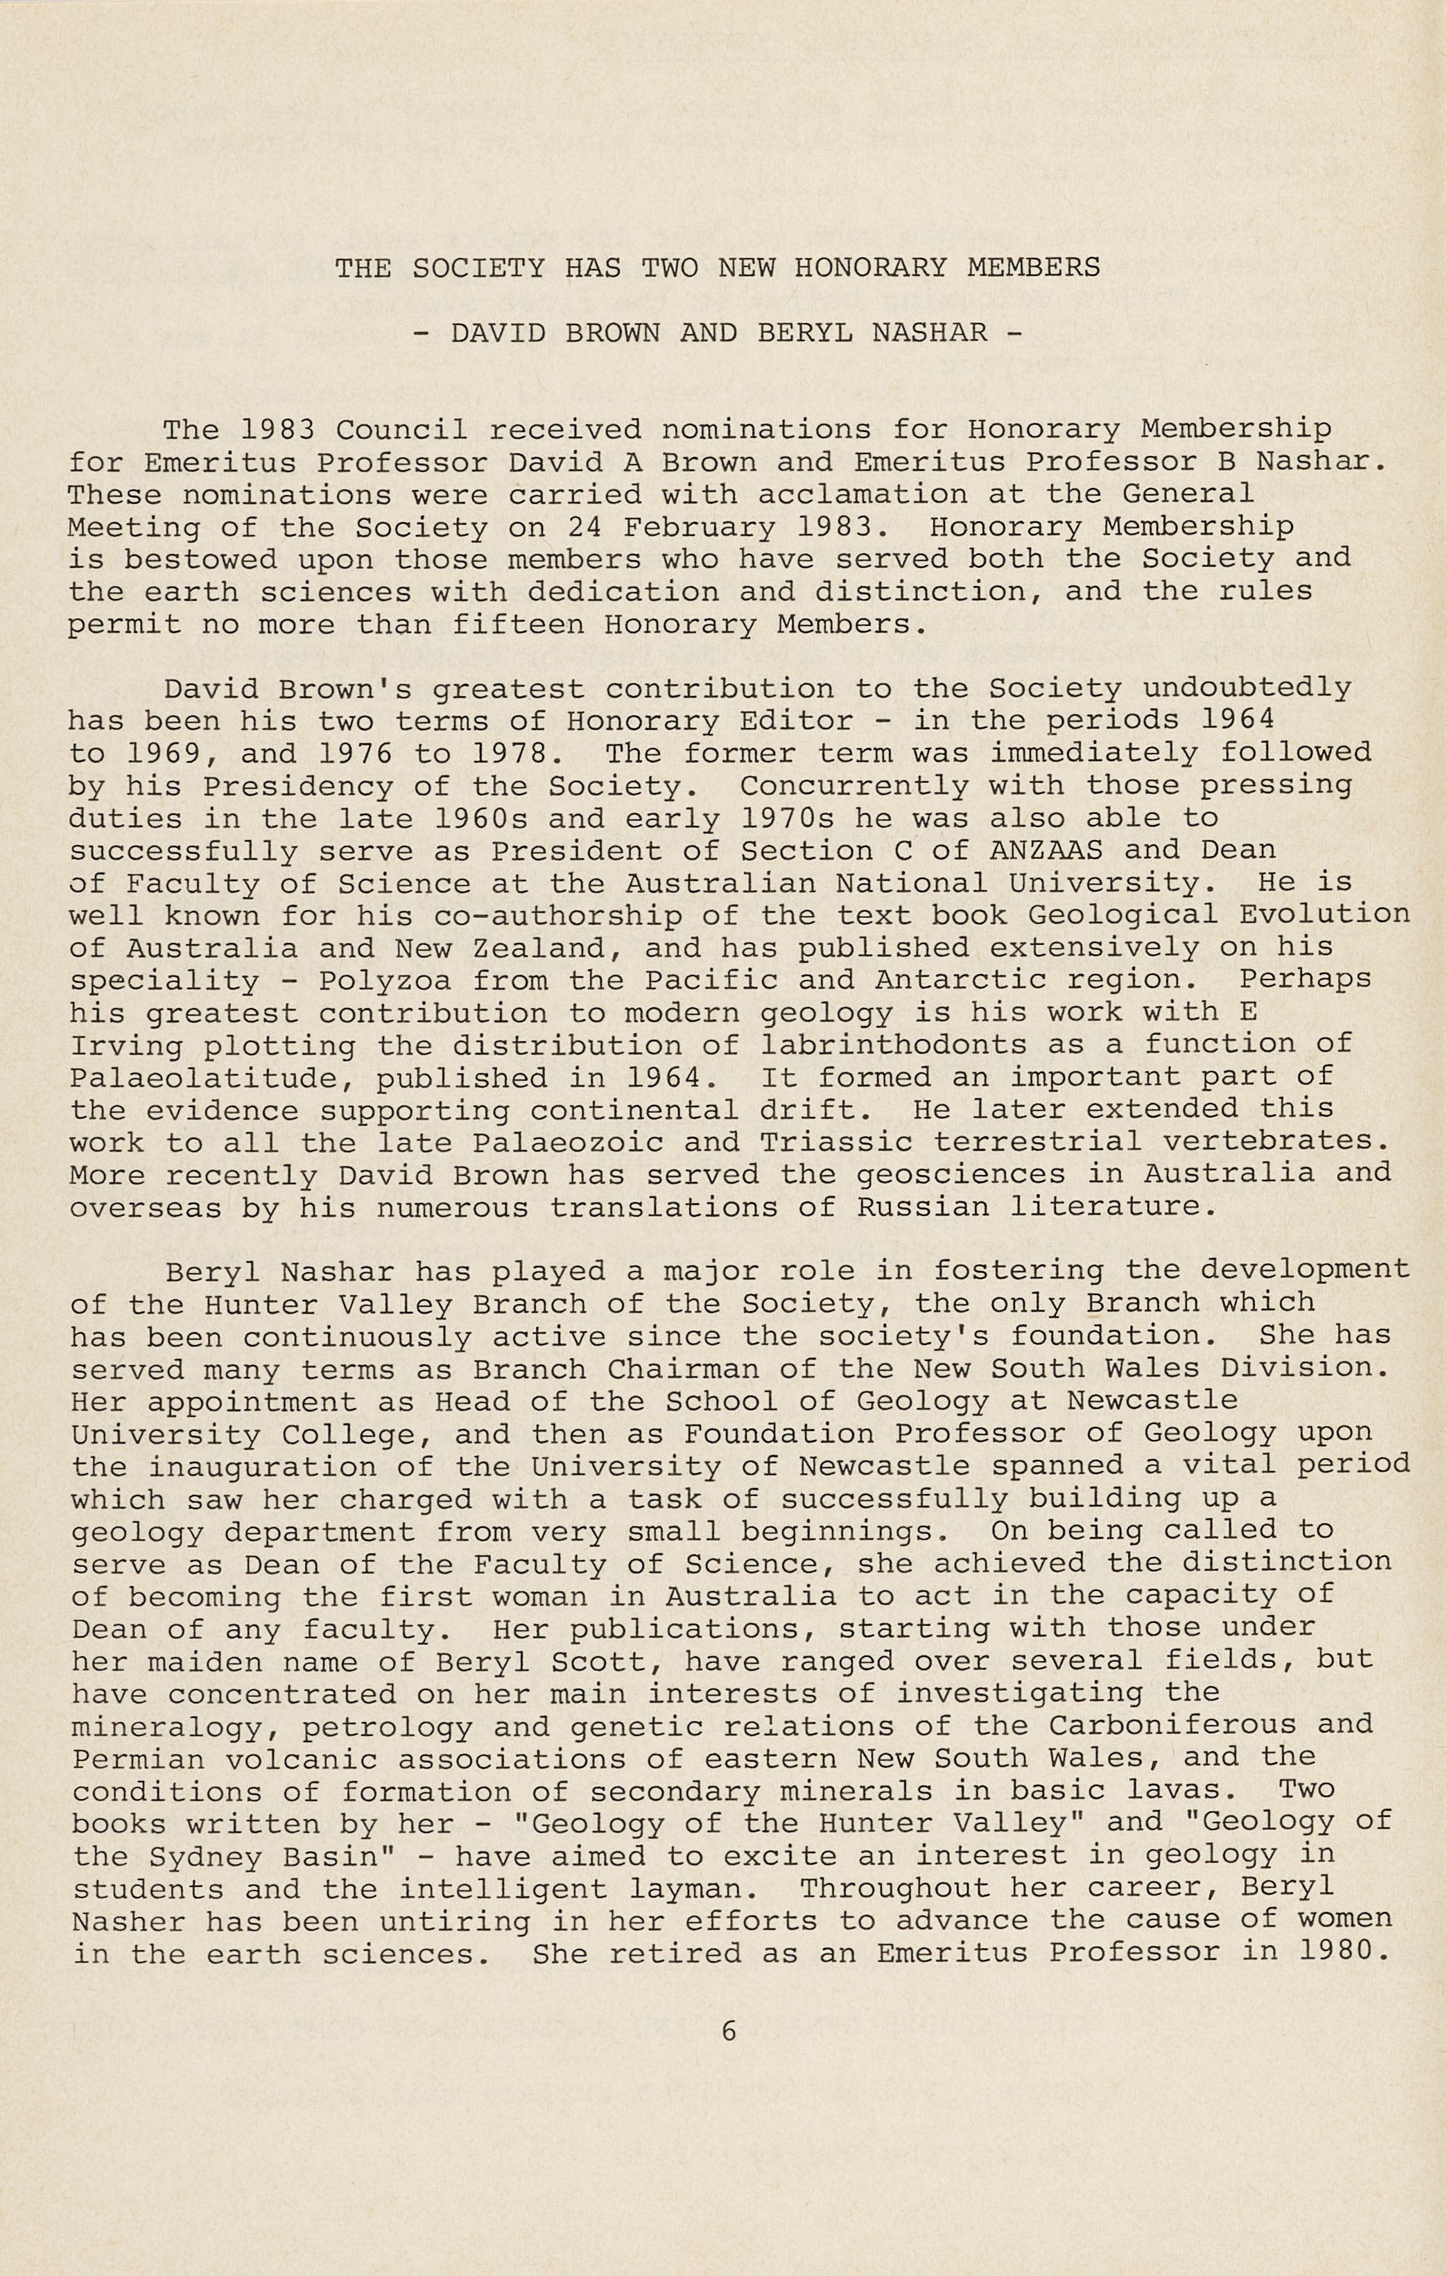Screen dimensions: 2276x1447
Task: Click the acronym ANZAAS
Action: click(1046, 850)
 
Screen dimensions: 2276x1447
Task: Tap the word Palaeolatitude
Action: click(213, 1077)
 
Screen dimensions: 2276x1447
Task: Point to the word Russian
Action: click(924, 1207)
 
